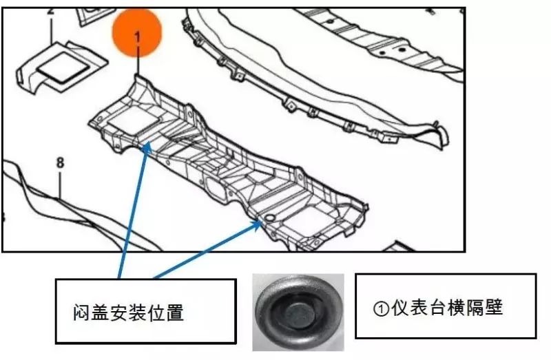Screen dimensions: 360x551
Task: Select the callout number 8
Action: coord(60,163)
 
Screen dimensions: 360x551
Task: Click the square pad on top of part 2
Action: coord(61,65)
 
